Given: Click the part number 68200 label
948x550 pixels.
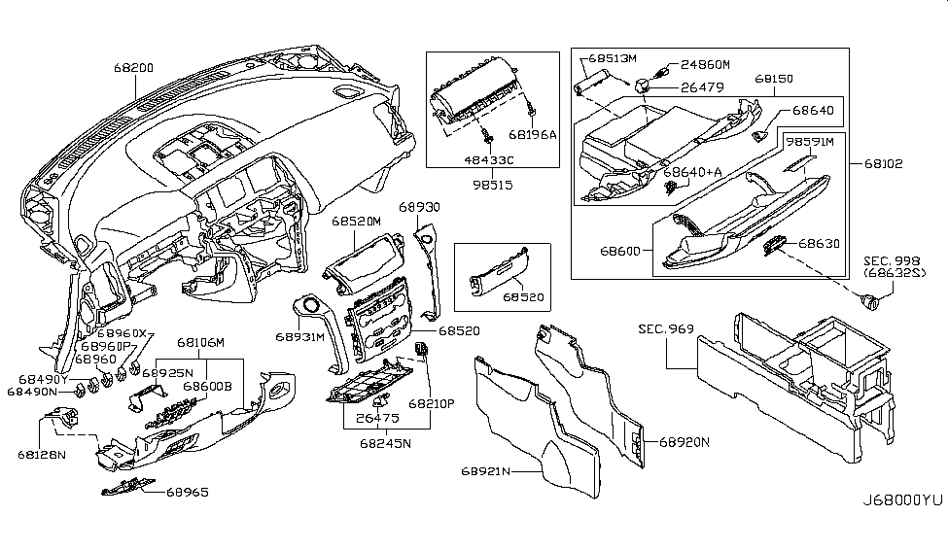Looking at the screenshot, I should pos(133,69).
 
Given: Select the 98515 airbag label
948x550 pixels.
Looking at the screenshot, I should pos(485,183).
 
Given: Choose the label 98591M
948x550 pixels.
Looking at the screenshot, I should pos(811,142).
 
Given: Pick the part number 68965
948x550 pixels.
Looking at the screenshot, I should pos(187,493).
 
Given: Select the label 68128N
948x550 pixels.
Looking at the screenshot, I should pos(40,454).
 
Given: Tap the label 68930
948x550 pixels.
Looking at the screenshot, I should pos(419,208).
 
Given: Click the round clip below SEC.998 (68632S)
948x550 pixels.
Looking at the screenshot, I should pos(871,302).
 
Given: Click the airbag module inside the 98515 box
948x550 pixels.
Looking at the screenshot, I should pos(476,102).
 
